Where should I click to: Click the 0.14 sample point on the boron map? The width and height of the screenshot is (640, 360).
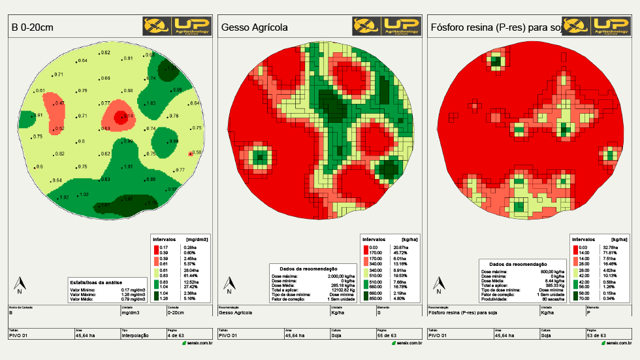point(124,116)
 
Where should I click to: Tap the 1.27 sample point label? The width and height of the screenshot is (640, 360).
point(171,68)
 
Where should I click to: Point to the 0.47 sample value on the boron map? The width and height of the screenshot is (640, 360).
point(59,103)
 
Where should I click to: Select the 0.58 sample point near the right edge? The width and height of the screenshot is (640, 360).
point(196,152)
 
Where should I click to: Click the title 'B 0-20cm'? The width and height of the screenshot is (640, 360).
point(32,27)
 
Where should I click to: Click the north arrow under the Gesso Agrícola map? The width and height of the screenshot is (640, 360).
point(229,285)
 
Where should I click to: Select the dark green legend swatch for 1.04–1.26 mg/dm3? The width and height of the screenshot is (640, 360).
point(155,295)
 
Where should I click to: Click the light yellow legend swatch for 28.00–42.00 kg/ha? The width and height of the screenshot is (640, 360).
point(575,272)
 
